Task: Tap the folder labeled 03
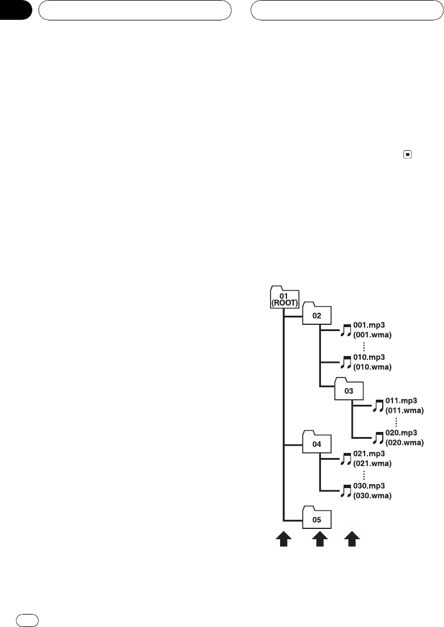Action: (x=349, y=390)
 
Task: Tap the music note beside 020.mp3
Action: (x=379, y=438)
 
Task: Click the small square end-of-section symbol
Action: (x=407, y=154)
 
